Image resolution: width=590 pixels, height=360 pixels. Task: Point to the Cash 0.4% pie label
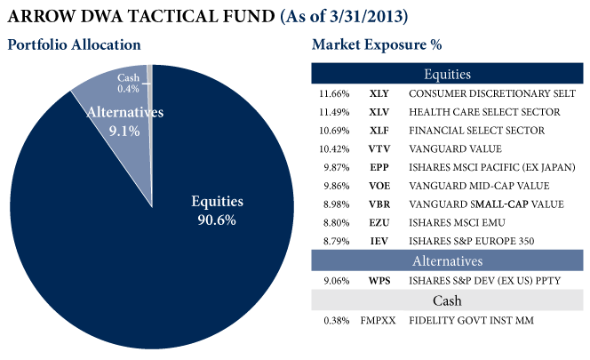[128, 83]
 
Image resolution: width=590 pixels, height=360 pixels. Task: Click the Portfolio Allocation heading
[74, 44]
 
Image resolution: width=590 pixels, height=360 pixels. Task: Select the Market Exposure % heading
[377, 44]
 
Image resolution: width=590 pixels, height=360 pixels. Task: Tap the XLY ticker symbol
[379, 93]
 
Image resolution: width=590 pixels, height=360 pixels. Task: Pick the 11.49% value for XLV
[333, 112]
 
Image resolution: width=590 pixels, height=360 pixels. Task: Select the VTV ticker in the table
[379, 148]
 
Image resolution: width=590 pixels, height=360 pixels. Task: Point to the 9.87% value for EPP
[334, 167]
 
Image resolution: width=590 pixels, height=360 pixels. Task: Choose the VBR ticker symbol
[379, 204]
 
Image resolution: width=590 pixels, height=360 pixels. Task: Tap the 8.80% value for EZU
[334, 222]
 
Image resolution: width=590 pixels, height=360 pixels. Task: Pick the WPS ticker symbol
[379, 281]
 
